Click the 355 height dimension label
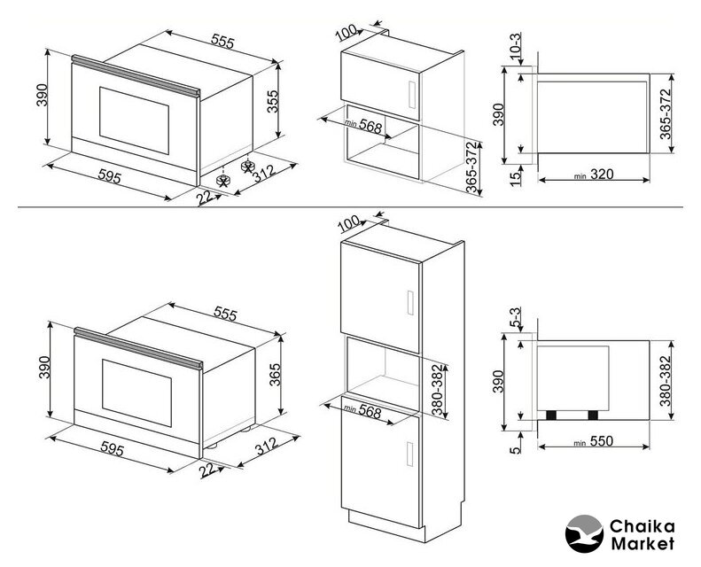coord(274,105)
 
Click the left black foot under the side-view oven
coord(552,415)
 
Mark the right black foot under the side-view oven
coord(592,415)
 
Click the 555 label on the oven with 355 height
coord(222,42)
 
